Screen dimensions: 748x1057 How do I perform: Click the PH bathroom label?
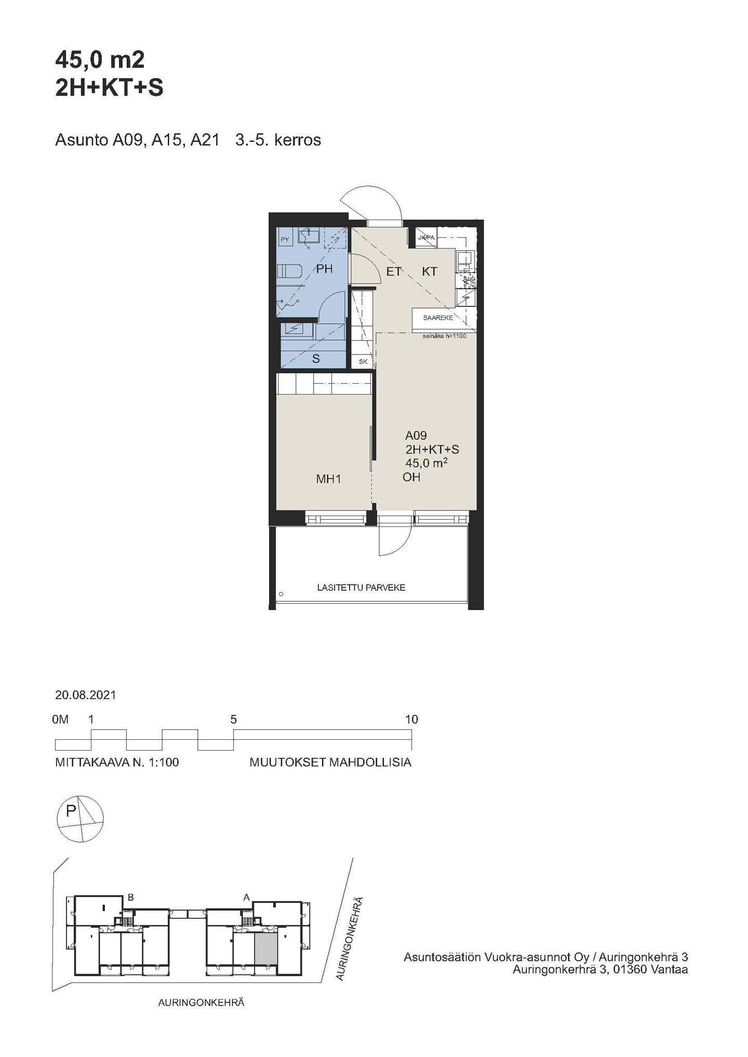tap(324, 269)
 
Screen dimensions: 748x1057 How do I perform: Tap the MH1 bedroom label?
tap(328, 479)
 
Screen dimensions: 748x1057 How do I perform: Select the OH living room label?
tap(411, 477)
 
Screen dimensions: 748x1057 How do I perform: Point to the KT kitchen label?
tap(429, 271)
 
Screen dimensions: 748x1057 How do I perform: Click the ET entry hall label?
tap(393, 271)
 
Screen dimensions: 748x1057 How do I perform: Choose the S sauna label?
tap(316, 359)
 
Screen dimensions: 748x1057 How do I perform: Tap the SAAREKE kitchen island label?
tap(438, 318)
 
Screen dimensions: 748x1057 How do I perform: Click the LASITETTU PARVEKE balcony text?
tap(361, 588)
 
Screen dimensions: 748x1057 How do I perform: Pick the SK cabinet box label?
tap(363, 361)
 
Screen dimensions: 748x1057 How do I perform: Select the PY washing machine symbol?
tap(285, 239)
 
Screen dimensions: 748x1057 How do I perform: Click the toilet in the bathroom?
tap(289, 272)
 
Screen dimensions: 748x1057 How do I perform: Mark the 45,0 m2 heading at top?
tap(100, 61)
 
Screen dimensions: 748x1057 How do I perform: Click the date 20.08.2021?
tap(86, 695)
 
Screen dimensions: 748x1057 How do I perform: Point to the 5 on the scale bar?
tap(234, 719)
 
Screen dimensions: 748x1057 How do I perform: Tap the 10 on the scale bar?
tap(411, 719)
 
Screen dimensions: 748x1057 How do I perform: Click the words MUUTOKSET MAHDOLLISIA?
tap(330, 763)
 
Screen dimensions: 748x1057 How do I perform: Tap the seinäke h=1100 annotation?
tap(444, 336)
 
